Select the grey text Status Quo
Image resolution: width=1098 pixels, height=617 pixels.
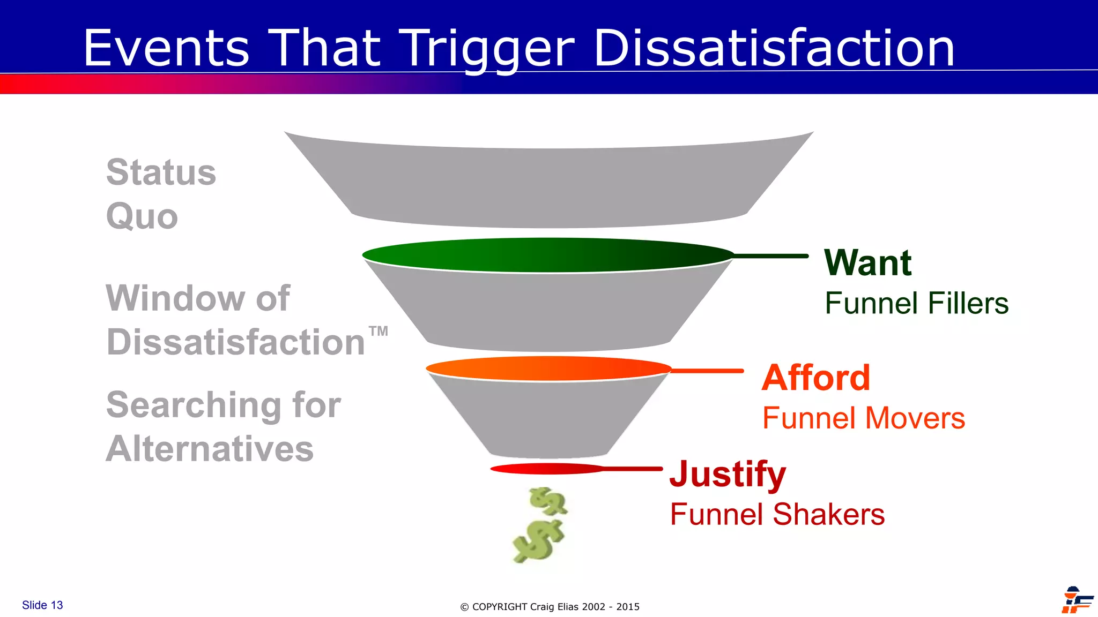pyautogui.click(x=160, y=194)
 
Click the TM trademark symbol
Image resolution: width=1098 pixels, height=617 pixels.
pyautogui.click(x=379, y=331)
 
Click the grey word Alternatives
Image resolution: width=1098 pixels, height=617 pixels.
pyautogui.click(x=210, y=449)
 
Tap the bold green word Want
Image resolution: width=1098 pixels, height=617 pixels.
pyautogui.click(x=867, y=263)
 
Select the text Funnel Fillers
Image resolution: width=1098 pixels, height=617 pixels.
pyautogui.click(x=916, y=303)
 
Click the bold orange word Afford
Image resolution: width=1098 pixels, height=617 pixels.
pyautogui.click(x=815, y=378)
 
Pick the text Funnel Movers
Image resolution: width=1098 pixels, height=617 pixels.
pyautogui.click(x=863, y=418)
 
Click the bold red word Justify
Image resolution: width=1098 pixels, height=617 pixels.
pyautogui.click(x=728, y=475)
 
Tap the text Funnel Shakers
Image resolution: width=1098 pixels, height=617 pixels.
pyautogui.click(x=777, y=515)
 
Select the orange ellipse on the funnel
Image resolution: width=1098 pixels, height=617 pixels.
pyautogui.click(x=548, y=368)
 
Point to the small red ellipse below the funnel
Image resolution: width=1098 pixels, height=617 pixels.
pyautogui.click(x=547, y=469)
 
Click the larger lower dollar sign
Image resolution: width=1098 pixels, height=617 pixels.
pyautogui.click(x=538, y=541)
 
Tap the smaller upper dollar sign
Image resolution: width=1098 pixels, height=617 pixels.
pyautogui.click(x=548, y=501)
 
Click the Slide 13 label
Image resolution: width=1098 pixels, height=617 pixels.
pyautogui.click(x=42, y=605)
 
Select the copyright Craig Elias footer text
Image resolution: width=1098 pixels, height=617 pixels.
pyautogui.click(x=550, y=607)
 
